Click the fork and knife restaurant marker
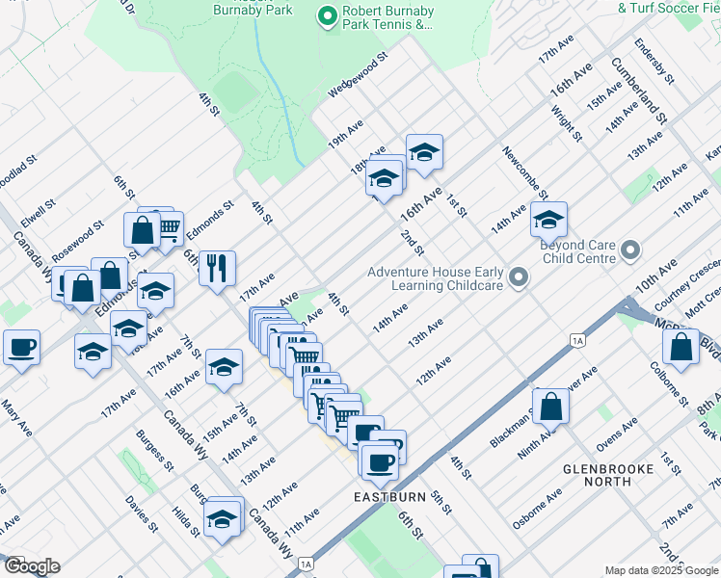[x=217, y=266]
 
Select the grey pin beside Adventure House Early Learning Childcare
[x=519, y=279]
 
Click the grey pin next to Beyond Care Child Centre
[x=631, y=251]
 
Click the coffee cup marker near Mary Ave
[x=22, y=348]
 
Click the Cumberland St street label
[x=639, y=90]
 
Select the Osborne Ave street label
[x=537, y=510]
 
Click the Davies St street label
[x=140, y=514]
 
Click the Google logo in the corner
[x=32, y=566]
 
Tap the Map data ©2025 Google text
[x=660, y=570]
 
